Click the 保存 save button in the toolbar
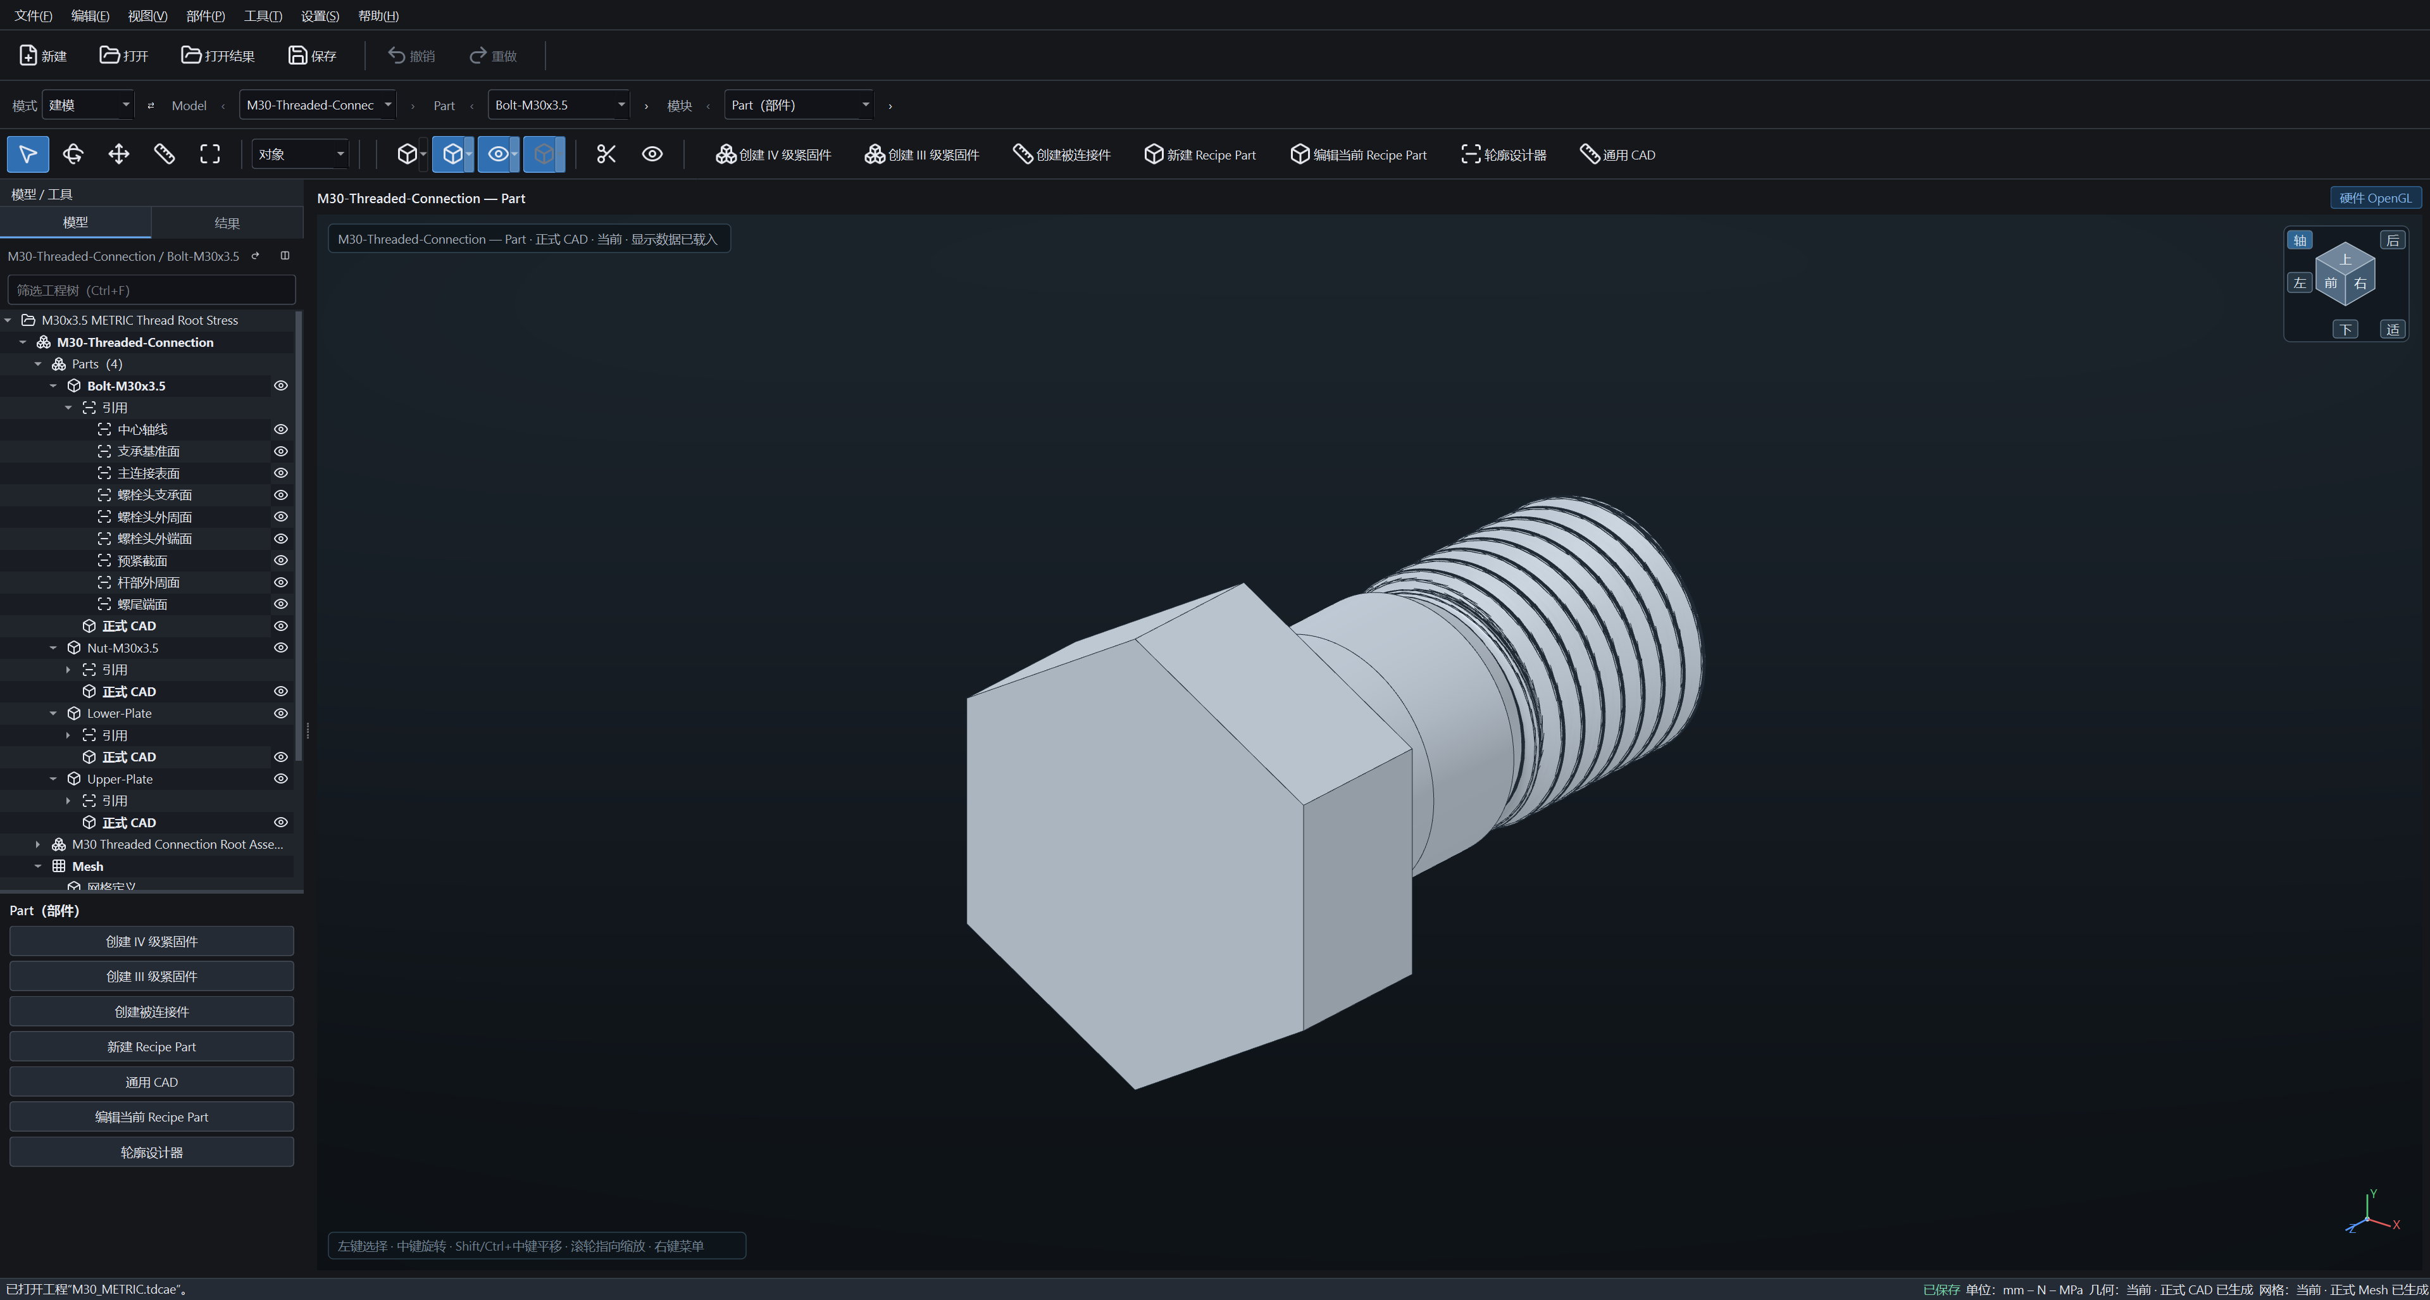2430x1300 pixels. pyautogui.click(x=312, y=56)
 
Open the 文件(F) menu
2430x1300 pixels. pyautogui.click(x=33, y=15)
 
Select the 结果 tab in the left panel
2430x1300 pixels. pyautogui.click(x=227, y=223)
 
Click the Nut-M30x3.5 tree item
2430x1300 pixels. pyautogui.click(x=123, y=648)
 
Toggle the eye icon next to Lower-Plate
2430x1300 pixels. pyautogui.click(x=280, y=713)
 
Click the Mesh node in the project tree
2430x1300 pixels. pyautogui.click(x=88, y=866)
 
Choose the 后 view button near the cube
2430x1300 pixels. pyautogui.click(x=2392, y=241)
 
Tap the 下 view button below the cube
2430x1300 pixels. pyautogui.click(x=2345, y=329)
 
